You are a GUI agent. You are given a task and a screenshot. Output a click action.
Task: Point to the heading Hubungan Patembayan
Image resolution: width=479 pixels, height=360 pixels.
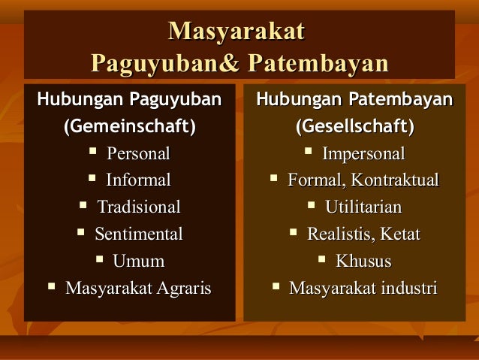(354, 99)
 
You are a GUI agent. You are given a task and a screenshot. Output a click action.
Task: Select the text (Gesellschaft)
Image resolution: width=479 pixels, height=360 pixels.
(354, 126)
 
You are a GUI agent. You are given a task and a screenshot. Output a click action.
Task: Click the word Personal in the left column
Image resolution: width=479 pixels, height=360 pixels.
(138, 154)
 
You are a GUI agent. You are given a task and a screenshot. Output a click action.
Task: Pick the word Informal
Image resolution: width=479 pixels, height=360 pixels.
(138, 180)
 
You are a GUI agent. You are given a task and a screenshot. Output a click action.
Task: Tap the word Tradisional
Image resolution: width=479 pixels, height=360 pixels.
(139, 207)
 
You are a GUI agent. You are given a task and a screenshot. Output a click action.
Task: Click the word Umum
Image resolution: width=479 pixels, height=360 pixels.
(138, 261)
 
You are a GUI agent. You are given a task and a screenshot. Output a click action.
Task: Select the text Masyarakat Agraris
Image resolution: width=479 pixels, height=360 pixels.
(138, 288)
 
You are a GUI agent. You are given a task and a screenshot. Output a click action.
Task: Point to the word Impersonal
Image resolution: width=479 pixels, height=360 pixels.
(363, 154)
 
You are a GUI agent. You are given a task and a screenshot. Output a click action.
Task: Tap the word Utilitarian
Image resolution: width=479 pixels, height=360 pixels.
(363, 207)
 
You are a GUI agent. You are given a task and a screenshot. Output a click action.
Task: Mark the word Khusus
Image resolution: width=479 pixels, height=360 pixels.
(363, 261)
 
